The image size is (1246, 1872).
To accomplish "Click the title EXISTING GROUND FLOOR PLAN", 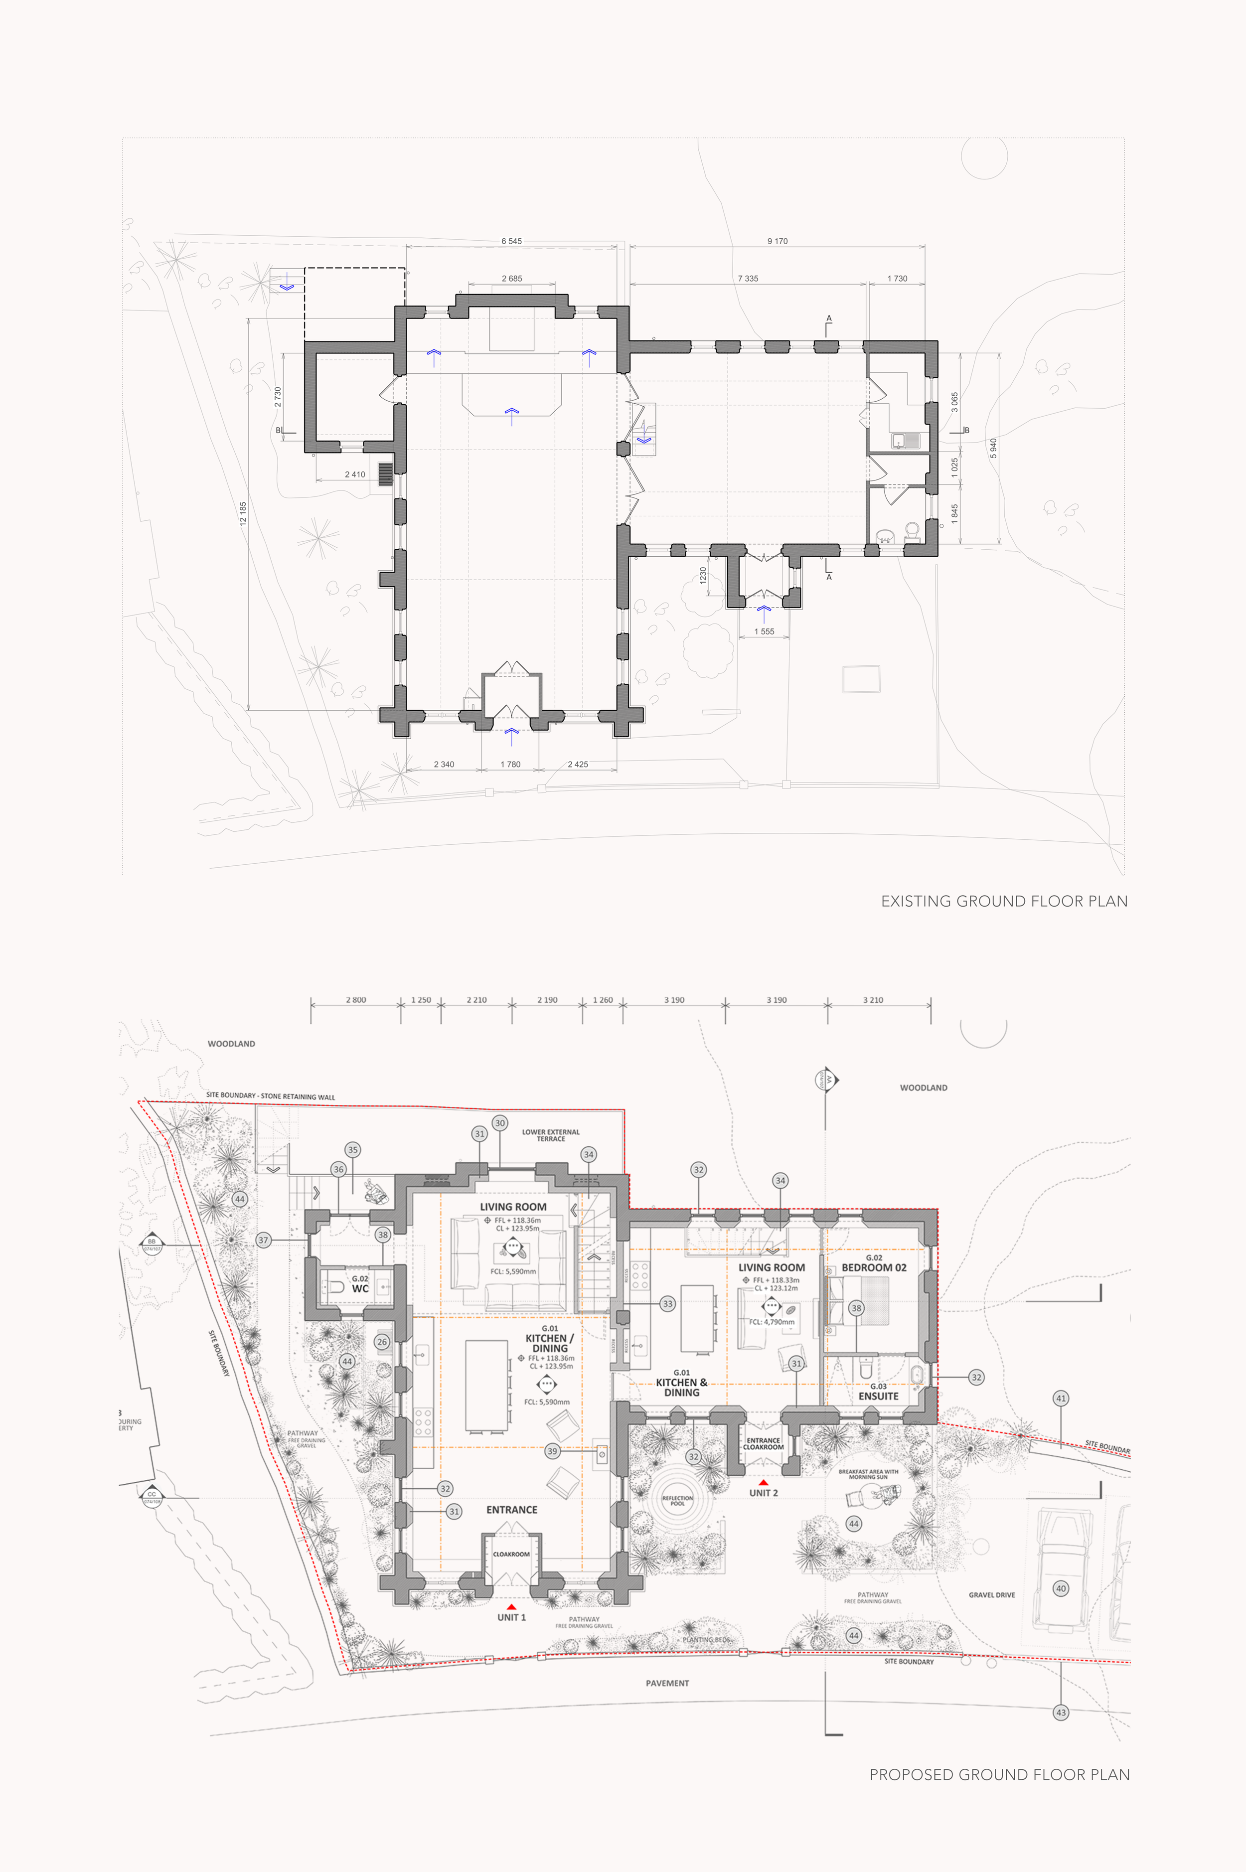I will [1004, 901].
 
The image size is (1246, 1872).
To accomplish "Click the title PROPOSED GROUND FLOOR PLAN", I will [999, 1774].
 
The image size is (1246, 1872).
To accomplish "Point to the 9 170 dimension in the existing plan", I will [777, 241].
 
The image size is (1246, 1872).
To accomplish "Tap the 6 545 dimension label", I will [512, 241].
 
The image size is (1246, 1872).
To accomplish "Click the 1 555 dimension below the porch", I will [764, 631].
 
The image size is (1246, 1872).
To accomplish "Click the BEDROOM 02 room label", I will [874, 1267].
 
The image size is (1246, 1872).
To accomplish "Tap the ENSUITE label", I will [878, 1395].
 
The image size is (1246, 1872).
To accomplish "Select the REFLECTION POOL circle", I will [677, 1500].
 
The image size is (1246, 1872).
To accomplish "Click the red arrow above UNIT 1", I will [511, 1607].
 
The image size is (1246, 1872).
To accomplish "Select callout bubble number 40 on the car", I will [1060, 1588].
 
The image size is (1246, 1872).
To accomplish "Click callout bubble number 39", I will [552, 1451].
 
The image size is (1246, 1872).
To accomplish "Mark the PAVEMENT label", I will [667, 1683].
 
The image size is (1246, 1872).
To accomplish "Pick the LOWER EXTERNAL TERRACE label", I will [551, 1135].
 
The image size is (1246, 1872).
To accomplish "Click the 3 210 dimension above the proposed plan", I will [873, 1000].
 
